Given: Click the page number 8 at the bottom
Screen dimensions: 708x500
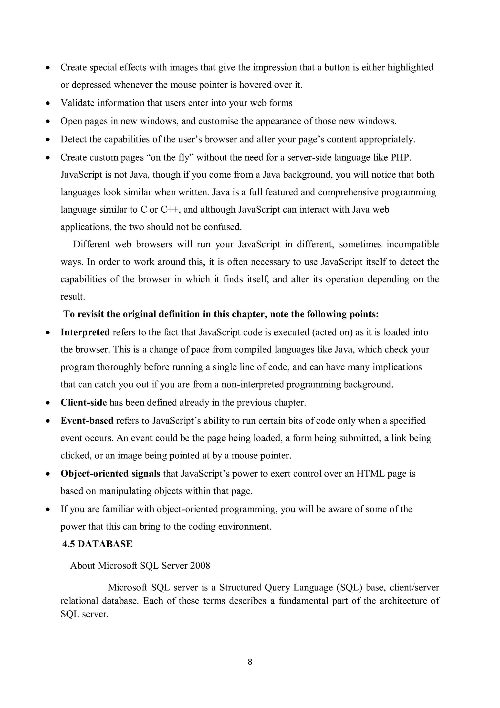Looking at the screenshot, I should [250, 662].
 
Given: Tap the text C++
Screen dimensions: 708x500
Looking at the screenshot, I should [169, 210].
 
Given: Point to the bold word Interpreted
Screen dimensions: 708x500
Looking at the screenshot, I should [85, 332].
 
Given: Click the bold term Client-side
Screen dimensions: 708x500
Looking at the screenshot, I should [83, 403].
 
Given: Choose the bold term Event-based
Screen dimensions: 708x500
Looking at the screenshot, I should [87, 421].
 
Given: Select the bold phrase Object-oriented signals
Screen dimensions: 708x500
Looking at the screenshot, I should [110, 473].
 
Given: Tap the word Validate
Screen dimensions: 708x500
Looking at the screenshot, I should [77, 103].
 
